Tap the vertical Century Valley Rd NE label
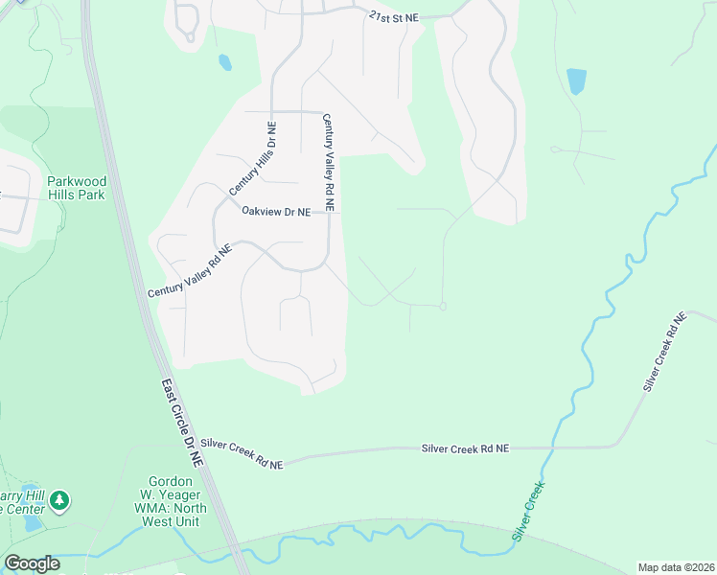[328, 162]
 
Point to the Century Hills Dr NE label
[252, 159]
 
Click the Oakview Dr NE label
[276, 211]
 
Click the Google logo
[33, 563]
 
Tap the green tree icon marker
[59, 500]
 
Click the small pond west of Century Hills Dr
[224, 63]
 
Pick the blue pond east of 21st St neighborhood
[576, 80]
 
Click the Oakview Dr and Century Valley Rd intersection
[328, 212]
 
